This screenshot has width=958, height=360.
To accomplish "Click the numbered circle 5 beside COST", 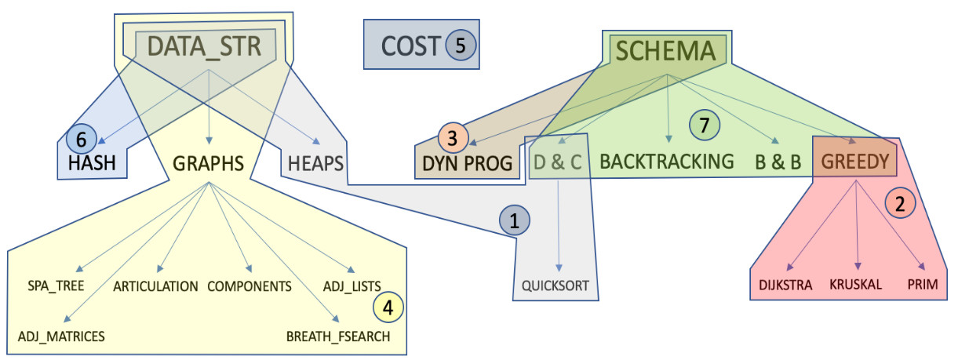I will [461, 45].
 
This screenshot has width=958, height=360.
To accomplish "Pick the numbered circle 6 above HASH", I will [82, 140].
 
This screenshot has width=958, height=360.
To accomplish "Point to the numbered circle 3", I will [452, 138].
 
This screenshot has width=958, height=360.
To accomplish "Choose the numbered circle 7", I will [703, 125].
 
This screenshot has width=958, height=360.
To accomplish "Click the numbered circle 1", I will [514, 222].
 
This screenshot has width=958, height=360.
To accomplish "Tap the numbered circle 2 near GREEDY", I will [899, 205].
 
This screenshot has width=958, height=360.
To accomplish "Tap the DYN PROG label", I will [466, 163].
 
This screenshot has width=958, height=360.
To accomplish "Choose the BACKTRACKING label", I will [667, 162].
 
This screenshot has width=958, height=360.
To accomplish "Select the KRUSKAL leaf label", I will [856, 285].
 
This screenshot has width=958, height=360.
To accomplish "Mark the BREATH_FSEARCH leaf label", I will [337, 336].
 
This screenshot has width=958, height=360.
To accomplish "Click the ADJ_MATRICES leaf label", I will [61, 336].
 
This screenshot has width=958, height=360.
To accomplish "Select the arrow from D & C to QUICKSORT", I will [559, 227].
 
